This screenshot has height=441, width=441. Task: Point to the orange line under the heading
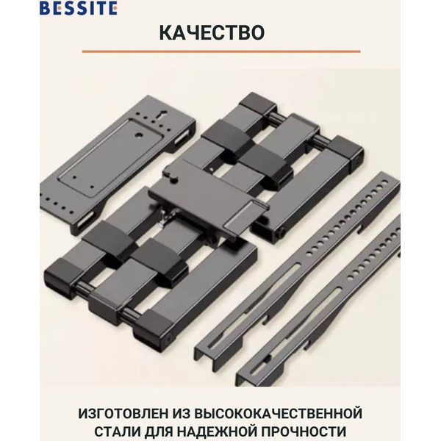click(220, 51)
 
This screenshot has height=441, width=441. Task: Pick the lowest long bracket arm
click(323, 323)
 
